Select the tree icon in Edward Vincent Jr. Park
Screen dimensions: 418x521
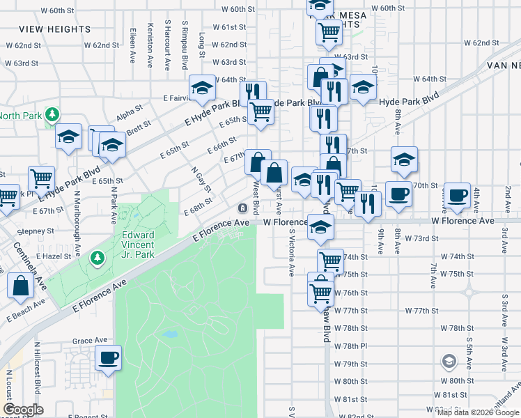98,258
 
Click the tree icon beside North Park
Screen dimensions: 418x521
51,114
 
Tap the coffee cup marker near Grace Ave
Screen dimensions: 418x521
108,358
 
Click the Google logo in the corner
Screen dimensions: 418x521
22,410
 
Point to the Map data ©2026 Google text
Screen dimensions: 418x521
477,412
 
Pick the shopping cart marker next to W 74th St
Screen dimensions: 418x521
330,261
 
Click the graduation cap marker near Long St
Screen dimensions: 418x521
202,88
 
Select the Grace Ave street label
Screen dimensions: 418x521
88,341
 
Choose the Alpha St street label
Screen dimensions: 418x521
129,111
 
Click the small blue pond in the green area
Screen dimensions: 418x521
169,334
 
